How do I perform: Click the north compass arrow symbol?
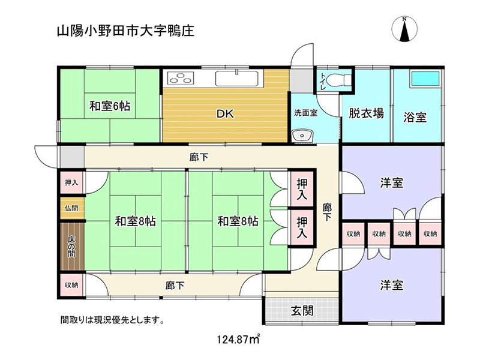[x=404, y=29]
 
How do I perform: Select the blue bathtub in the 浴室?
[x=425, y=79]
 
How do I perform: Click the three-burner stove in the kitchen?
[x=181, y=78]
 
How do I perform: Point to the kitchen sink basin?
[x=238, y=79]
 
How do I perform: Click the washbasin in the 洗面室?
[x=302, y=136]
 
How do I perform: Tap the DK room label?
[x=226, y=114]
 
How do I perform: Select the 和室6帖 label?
[x=110, y=106]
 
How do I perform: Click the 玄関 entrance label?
[x=302, y=311]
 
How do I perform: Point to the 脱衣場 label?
[x=366, y=113]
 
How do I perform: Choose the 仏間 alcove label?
[x=71, y=208]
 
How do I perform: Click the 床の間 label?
[x=71, y=247]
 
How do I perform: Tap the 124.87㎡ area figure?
[x=238, y=339]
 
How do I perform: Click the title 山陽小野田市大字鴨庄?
[x=125, y=31]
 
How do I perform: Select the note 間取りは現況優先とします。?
[x=113, y=320]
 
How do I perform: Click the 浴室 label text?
[x=415, y=117]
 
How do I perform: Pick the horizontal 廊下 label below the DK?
[x=199, y=158]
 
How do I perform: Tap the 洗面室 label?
[x=306, y=113]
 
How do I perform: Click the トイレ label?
[x=323, y=82]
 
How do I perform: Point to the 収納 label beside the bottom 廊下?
[x=71, y=285]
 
